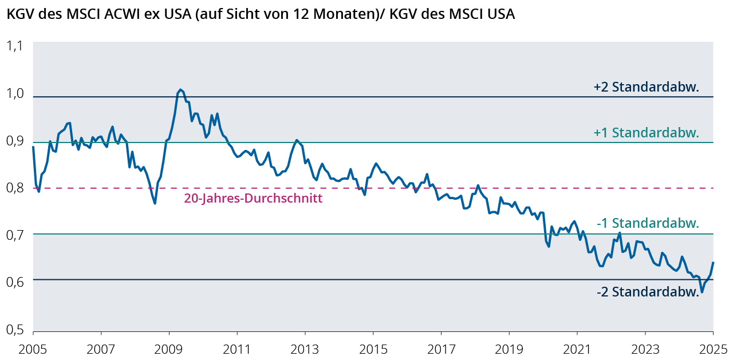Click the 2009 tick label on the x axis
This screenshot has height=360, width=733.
(169, 348)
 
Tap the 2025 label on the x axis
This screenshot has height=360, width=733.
(713, 348)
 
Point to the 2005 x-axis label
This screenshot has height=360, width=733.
(33, 348)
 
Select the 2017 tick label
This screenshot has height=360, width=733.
(441, 348)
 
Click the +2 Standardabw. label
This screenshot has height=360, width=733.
(647, 88)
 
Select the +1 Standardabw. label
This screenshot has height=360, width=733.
(647, 133)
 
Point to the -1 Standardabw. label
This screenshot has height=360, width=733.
(648, 223)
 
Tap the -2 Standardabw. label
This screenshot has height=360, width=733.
(648, 292)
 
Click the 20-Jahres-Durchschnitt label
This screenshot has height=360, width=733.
(253, 199)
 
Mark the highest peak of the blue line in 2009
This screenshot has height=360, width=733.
(180, 89)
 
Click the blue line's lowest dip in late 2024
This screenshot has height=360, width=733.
(702, 292)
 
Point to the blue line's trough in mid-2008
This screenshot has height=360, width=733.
(155, 203)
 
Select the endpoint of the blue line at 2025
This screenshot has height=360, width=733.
(713, 262)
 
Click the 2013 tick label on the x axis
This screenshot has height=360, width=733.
(305, 348)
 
